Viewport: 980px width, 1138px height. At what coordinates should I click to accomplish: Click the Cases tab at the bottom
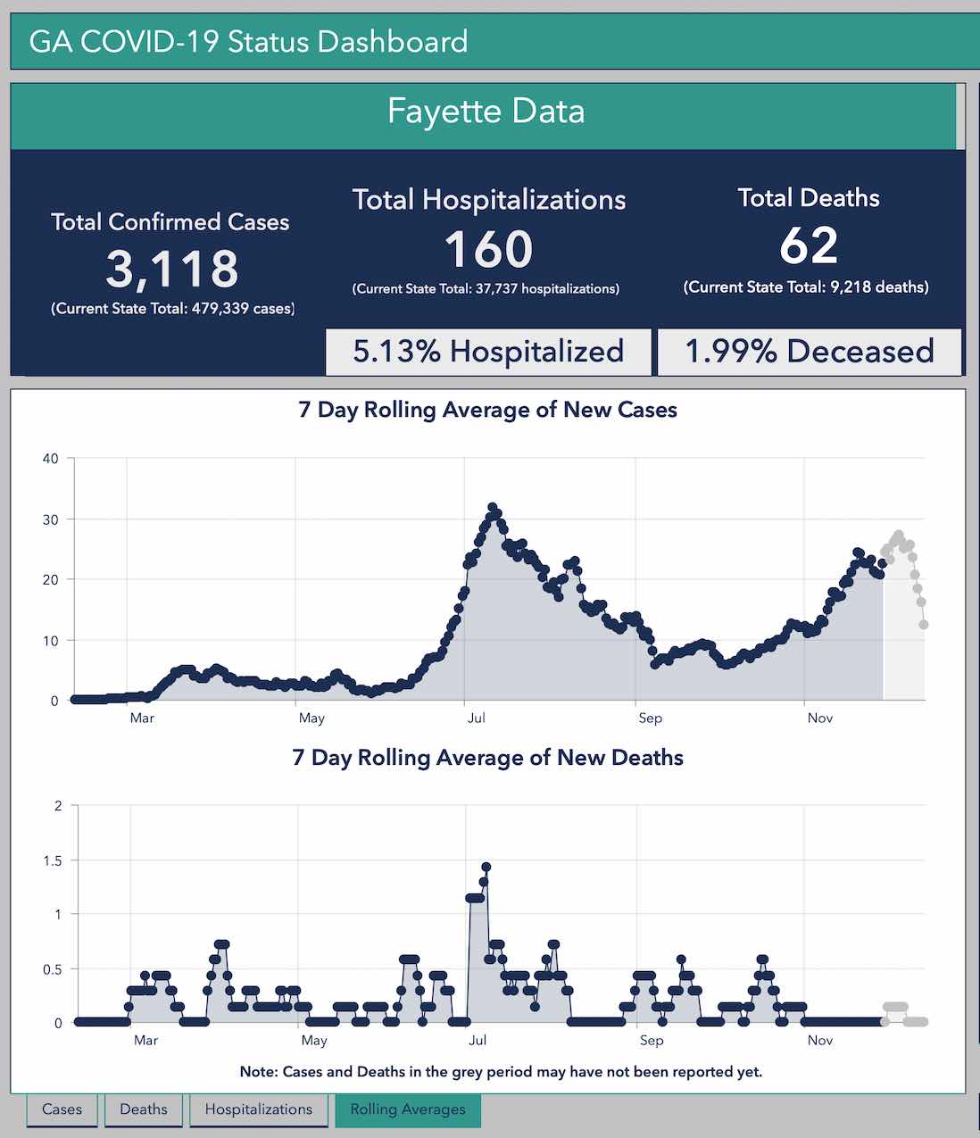tap(62, 1109)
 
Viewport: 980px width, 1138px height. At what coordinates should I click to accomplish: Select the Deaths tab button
tap(143, 1109)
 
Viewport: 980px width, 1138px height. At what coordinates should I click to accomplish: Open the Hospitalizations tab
tap(259, 1109)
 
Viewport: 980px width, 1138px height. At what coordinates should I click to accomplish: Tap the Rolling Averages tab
tap(408, 1109)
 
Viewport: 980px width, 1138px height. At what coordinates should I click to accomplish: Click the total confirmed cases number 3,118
tap(172, 269)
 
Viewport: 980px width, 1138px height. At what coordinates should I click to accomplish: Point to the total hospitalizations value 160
tap(488, 249)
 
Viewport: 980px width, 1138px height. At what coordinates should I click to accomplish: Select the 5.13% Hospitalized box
tap(488, 352)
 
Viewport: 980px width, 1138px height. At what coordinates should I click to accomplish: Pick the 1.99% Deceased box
tap(809, 352)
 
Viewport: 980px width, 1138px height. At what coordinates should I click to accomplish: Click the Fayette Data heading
tap(486, 112)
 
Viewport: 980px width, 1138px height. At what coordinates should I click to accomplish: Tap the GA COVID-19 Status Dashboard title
tap(248, 42)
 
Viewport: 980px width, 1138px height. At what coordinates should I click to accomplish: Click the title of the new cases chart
tap(487, 410)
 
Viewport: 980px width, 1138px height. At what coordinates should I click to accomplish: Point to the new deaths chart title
tap(487, 758)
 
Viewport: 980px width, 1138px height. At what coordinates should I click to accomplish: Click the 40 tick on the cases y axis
tap(50, 459)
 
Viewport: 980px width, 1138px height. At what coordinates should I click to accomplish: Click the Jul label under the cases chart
tap(477, 718)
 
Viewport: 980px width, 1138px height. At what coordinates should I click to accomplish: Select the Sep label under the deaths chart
tap(652, 1040)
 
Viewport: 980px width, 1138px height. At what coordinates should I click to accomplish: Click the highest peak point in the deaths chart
tap(486, 867)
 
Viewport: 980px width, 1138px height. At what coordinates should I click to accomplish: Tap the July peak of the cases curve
tap(493, 508)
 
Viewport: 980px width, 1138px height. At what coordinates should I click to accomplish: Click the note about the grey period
tap(501, 1071)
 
